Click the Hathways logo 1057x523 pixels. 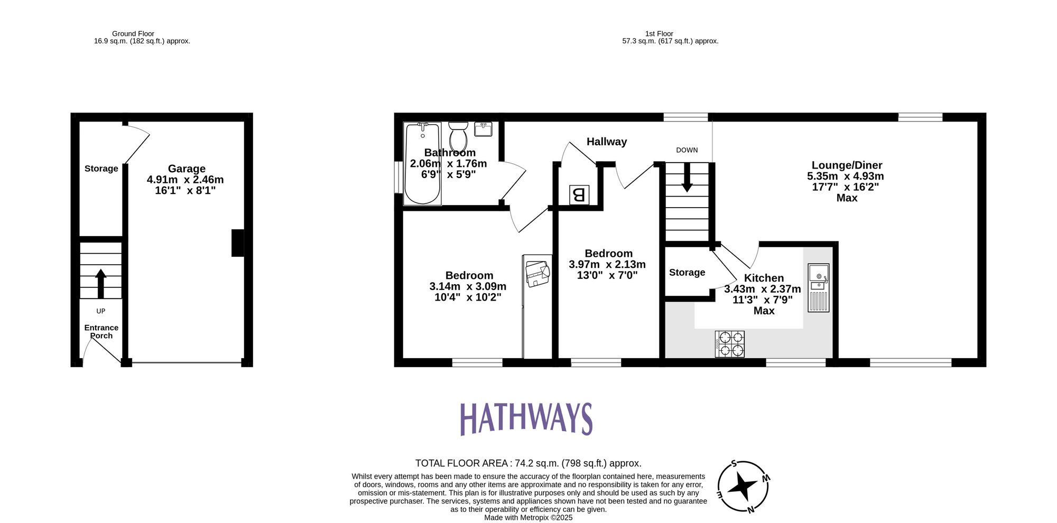(526, 418)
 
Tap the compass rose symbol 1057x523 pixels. (742, 486)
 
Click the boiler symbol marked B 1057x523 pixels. (579, 195)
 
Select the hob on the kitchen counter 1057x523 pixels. (729, 344)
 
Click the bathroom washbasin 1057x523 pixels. (484, 129)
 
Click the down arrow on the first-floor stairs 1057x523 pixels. (687, 178)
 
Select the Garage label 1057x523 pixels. (187, 169)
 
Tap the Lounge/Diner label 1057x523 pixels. (847, 165)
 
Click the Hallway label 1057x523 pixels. (606, 142)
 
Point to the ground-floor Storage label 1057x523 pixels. (101, 169)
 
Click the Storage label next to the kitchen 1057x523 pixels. (687, 273)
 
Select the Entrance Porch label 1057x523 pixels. (101, 331)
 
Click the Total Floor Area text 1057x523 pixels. (528, 463)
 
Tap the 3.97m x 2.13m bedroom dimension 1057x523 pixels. (607, 264)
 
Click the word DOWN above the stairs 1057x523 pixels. (687, 150)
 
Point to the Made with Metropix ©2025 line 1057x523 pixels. (528, 518)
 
